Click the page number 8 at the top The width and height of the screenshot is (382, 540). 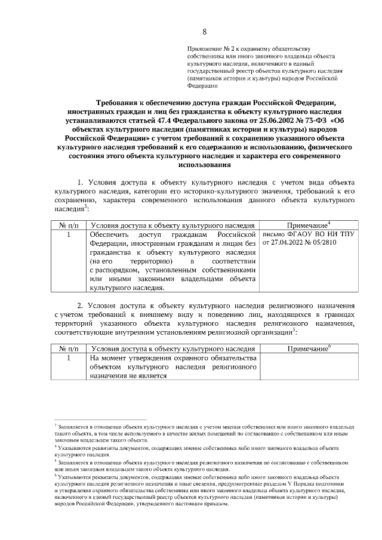pos(204,32)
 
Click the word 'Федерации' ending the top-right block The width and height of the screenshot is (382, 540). pos(202,87)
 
